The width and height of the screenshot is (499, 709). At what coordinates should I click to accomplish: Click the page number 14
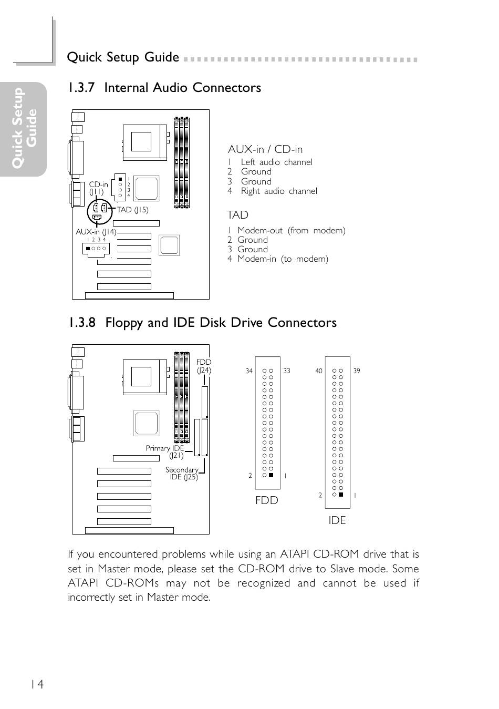[37, 684]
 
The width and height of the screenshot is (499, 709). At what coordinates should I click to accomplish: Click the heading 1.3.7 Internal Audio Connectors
[164, 87]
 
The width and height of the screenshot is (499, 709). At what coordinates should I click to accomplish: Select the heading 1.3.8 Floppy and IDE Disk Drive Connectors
[202, 322]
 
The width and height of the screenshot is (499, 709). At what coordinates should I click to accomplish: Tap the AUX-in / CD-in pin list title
[265, 149]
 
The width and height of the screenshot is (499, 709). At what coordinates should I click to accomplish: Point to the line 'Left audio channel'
[276, 162]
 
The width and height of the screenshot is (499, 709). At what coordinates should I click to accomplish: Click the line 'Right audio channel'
[278, 191]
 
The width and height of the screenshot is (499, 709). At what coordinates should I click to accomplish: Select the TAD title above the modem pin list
[237, 215]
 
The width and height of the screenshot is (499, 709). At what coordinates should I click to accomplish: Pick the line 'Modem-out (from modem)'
[291, 230]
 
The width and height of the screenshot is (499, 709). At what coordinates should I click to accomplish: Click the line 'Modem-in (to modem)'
[283, 259]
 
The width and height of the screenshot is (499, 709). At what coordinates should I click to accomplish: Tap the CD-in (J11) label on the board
[98, 188]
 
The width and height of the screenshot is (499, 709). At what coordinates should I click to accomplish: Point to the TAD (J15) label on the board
[132, 210]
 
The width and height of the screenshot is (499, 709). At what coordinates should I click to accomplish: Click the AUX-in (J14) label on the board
[96, 232]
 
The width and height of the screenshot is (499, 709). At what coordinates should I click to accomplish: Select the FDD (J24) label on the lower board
[204, 366]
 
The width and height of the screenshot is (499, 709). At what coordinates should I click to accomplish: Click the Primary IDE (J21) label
[165, 451]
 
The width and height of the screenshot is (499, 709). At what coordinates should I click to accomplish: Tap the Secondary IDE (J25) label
[182, 474]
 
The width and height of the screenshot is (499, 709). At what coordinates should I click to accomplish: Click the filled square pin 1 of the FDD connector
[271, 475]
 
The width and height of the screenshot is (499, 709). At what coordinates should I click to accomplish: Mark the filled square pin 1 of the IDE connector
[341, 495]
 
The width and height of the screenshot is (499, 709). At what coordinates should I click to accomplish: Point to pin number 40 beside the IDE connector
[319, 371]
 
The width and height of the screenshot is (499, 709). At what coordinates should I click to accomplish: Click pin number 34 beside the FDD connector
[249, 371]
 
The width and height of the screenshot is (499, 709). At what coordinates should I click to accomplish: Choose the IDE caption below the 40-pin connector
[337, 520]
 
